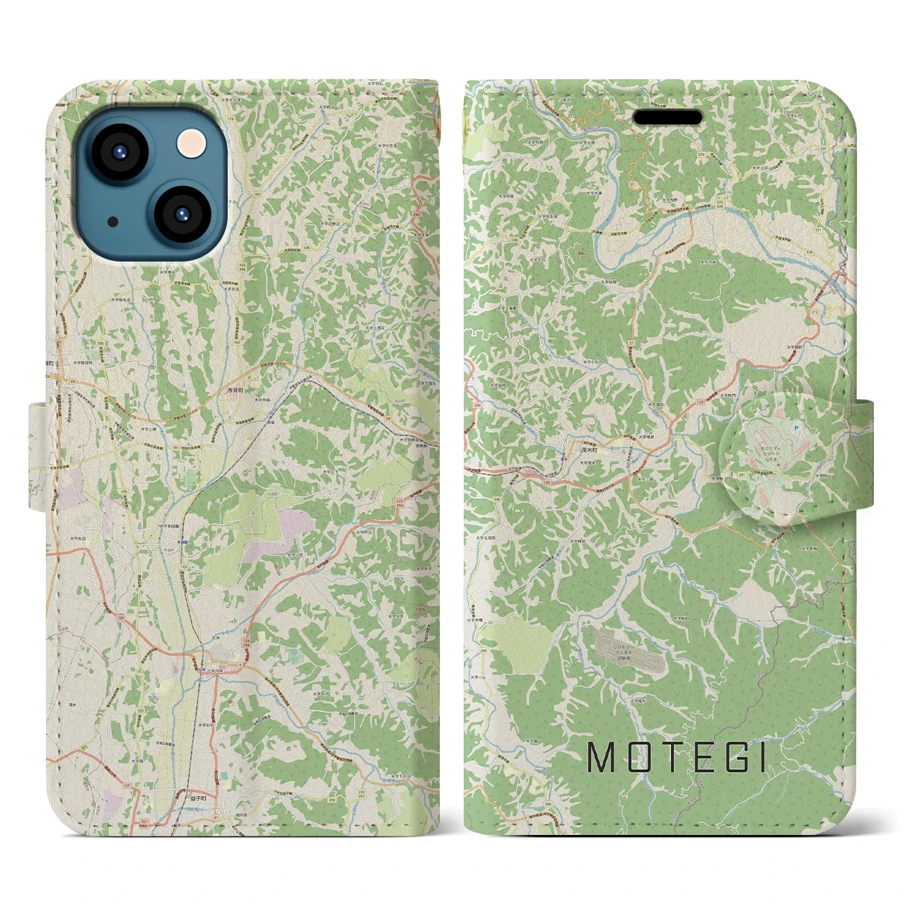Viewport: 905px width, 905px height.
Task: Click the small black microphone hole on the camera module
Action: [x=113, y=222]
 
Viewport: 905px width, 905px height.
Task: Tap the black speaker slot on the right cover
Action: [x=667, y=117]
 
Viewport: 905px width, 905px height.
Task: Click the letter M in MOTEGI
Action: [x=602, y=757]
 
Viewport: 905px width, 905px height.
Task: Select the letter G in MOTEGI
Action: [x=729, y=757]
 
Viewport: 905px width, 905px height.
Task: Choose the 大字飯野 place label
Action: [x=793, y=347]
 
